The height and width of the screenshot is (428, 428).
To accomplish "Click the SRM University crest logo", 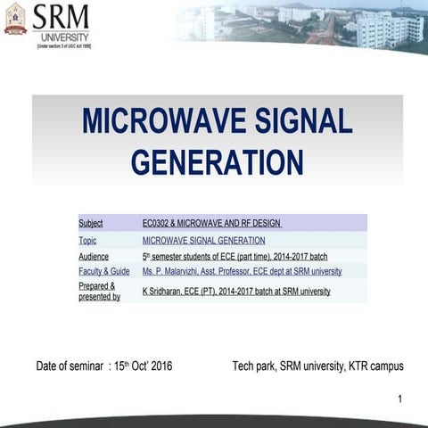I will pyautogui.click(x=15, y=19).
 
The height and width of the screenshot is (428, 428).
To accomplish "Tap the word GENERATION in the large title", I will pyautogui.click(x=217, y=161).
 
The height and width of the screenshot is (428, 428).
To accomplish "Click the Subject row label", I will pyautogui.click(x=91, y=223).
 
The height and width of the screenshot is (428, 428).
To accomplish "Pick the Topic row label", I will pyautogui.click(x=87, y=240).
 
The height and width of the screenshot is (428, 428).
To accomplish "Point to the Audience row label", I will pyautogui.click(x=94, y=256).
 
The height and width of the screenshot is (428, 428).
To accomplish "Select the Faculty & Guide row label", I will pyautogui.click(x=103, y=271).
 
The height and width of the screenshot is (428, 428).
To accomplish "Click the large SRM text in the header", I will pyautogui.click(x=61, y=16).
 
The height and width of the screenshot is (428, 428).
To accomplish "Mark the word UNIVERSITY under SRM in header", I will pyautogui.click(x=62, y=36).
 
